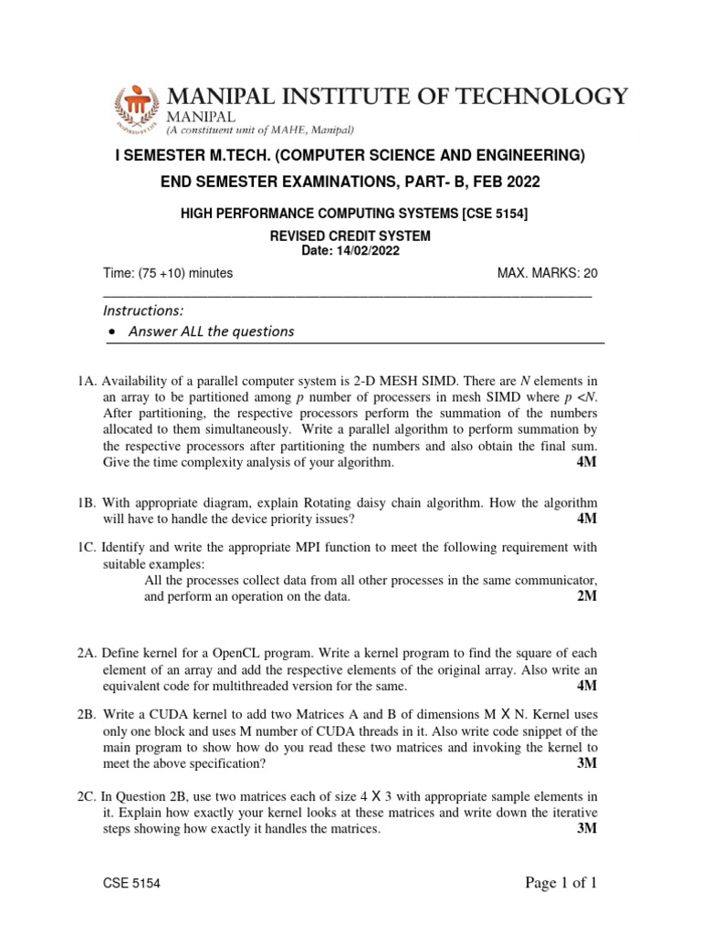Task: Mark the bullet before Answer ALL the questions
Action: pos(110,332)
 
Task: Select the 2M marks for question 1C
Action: pos(587,597)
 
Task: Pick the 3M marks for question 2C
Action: pos(587,829)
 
